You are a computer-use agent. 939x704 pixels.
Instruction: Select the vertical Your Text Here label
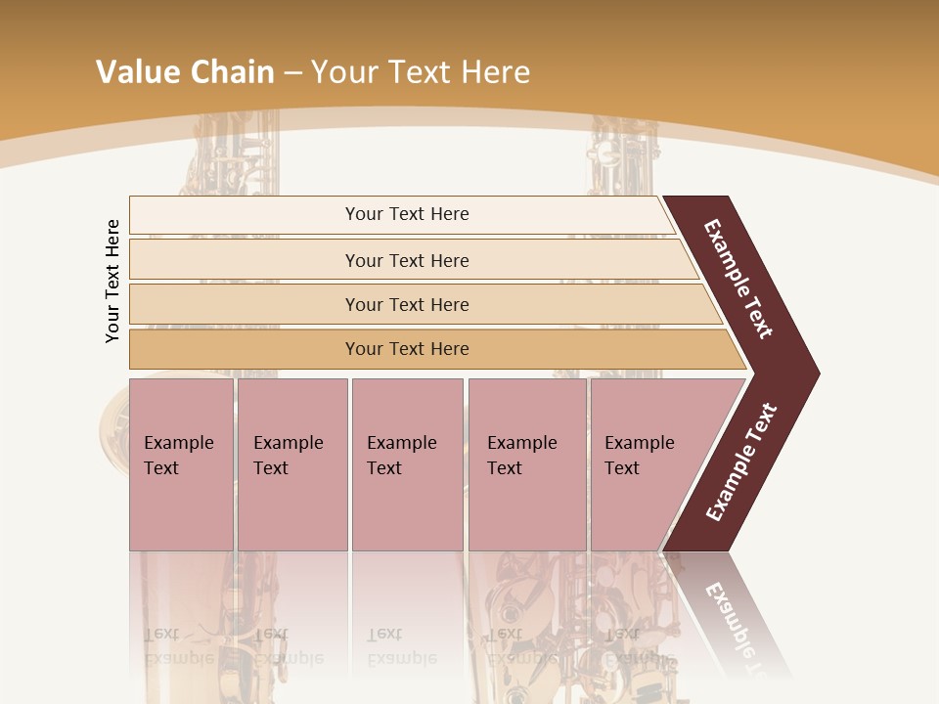click(112, 281)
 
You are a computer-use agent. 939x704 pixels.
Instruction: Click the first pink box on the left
click(181, 463)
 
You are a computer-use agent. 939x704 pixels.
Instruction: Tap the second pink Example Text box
click(291, 463)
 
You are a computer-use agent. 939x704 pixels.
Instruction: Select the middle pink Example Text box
click(407, 463)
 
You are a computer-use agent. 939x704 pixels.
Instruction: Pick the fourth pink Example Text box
click(527, 463)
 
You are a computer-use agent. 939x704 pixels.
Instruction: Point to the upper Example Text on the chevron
click(738, 279)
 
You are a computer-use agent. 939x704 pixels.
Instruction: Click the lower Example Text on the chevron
click(741, 462)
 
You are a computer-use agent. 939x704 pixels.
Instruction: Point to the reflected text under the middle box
click(402, 646)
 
